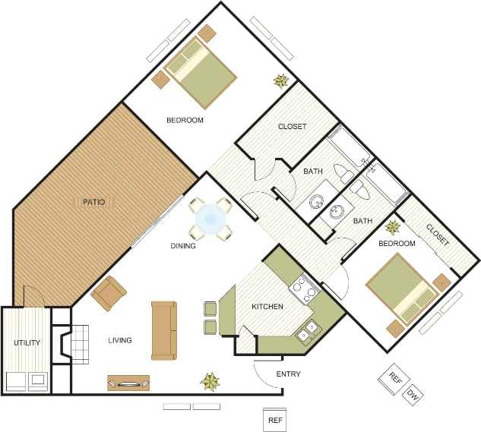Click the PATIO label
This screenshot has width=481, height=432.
(93, 202)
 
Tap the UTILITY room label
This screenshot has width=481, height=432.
(27, 342)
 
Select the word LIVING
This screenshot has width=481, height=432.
(119, 340)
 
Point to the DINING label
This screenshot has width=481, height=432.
(183, 246)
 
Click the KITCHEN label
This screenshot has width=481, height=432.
(267, 307)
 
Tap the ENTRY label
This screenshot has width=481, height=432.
(288, 374)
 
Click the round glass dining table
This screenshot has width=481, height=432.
(210, 219)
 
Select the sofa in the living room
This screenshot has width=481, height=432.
(163, 331)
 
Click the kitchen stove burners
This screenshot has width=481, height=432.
(302, 288)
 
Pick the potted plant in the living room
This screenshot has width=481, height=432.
(210, 380)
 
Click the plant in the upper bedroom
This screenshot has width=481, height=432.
(282, 80)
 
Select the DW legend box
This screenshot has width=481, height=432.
(413, 395)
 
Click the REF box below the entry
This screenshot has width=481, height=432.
(274, 418)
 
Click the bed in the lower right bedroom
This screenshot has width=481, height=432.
(398, 288)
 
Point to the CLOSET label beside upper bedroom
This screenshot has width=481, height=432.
(292, 126)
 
